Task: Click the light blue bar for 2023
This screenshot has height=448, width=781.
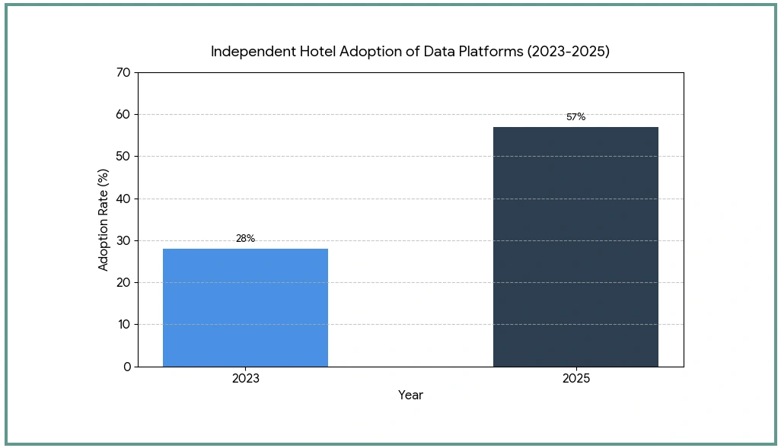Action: pyautogui.click(x=246, y=307)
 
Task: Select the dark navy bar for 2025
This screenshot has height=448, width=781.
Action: pyautogui.click(x=575, y=247)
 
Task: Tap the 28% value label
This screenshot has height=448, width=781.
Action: pyautogui.click(x=246, y=238)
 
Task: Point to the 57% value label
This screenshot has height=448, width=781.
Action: pyautogui.click(x=575, y=117)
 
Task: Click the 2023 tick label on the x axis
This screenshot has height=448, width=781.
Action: pyautogui.click(x=246, y=378)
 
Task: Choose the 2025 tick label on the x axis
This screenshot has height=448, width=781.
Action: pyautogui.click(x=576, y=378)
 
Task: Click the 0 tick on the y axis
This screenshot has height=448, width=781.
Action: pyautogui.click(x=127, y=367)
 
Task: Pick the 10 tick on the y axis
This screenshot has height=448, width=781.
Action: pyautogui.click(x=124, y=325)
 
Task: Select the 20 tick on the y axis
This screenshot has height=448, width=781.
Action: pyautogui.click(x=124, y=282)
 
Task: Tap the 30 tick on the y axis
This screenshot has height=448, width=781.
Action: pyautogui.click(x=124, y=240)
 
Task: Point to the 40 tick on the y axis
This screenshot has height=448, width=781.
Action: pyautogui.click(x=124, y=199)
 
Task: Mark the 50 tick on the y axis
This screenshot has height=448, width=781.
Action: pyautogui.click(x=124, y=156)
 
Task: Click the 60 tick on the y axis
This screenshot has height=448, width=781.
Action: pyautogui.click(x=124, y=115)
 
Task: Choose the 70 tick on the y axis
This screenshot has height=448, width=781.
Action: pyautogui.click(x=124, y=73)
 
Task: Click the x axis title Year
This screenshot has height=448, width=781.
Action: pyautogui.click(x=410, y=396)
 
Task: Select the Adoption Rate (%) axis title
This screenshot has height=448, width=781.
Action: pyautogui.click(x=103, y=220)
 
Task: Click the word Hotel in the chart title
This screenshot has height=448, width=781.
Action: pyautogui.click(x=317, y=51)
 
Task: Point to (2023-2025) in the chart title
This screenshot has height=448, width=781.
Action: pyautogui.click(x=569, y=51)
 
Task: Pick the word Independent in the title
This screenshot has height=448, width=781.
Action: pyautogui.click(x=253, y=52)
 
